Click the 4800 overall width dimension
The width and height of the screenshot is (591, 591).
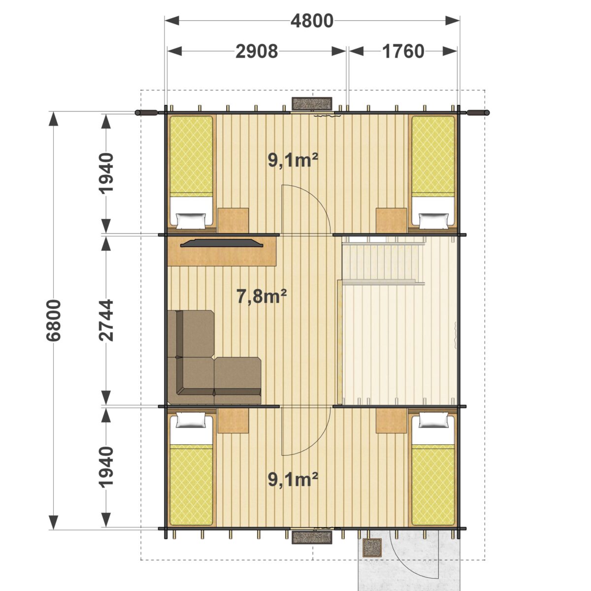(312, 21)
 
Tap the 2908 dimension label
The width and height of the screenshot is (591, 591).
(257, 51)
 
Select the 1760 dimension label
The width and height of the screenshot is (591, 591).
(403, 51)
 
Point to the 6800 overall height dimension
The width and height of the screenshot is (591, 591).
(54, 321)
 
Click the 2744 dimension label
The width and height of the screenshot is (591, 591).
(106, 321)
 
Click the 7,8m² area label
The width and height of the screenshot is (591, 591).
(262, 296)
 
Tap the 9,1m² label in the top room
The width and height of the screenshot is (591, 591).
(293, 160)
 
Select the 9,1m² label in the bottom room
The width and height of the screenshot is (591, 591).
(293, 479)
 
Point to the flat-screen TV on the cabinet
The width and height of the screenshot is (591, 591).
(222, 243)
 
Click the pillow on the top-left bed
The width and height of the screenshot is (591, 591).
(191, 221)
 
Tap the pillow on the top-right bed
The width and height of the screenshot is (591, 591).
(433, 221)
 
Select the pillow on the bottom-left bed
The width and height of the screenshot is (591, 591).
(191, 420)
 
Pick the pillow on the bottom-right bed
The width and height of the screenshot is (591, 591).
(433, 420)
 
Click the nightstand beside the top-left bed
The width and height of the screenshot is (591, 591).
(233, 220)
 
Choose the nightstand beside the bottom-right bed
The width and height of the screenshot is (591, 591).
(392, 421)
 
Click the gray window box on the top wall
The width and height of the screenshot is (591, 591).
(312, 103)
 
